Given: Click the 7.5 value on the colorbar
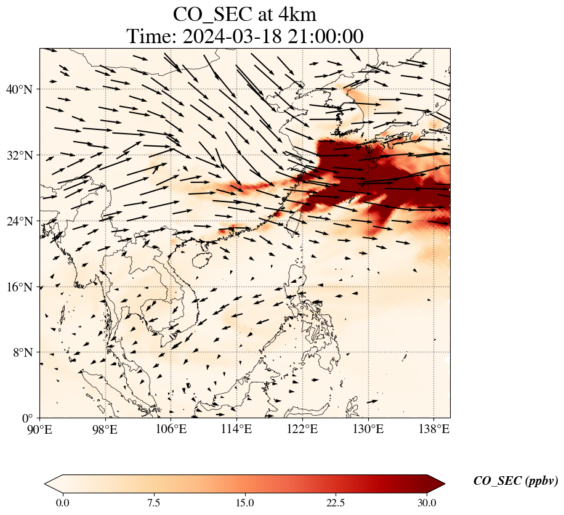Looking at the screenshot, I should click(153, 503).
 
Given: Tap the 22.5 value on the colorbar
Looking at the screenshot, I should click(336, 503).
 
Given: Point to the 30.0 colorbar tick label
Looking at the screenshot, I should click(427, 503).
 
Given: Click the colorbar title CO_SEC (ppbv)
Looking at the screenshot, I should click(515, 482).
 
